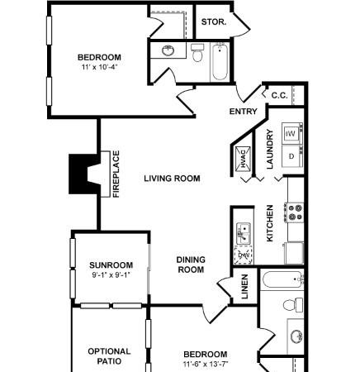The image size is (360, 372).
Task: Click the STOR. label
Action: click(x=214, y=22)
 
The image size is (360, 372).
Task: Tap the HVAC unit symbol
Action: click(x=243, y=159)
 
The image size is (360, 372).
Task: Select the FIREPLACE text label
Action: click(x=116, y=174)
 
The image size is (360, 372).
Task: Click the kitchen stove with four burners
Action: click(x=294, y=212)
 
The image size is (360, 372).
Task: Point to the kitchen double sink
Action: click(x=244, y=234)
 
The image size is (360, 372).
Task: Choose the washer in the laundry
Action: click(x=292, y=133)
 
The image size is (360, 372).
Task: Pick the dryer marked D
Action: click(x=292, y=156)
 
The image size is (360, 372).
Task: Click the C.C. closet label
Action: click(x=279, y=96)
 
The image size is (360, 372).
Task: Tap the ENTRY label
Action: click(x=244, y=112)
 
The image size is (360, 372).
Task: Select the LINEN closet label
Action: click(x=244, y=287)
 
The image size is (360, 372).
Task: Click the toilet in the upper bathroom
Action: click(x=197, y=53)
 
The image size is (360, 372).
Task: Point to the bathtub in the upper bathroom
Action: click(x=220, y=62)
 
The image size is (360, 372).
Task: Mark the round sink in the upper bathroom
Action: click(x=168, y=51)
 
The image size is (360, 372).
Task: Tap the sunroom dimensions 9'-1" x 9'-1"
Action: click(x=111, y=274)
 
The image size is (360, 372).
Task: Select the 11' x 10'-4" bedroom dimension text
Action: click(x=99, y=67)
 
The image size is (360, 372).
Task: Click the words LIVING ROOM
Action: click(x=172, y=179)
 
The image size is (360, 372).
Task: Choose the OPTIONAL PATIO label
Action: click(x=109, y=356)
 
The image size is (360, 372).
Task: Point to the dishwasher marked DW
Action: click(x=244, y=255)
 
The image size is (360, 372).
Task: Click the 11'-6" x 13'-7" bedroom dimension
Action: click(x=206, y=365)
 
